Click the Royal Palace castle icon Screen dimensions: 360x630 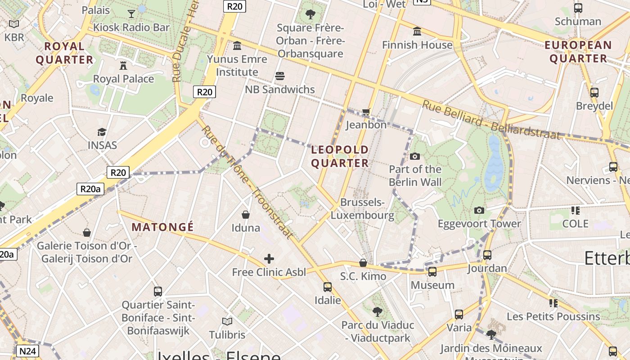click(x=123, y=66)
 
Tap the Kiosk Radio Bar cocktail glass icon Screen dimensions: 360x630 click(x=131, y=13)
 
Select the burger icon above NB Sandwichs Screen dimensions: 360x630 click(x=280, y=76)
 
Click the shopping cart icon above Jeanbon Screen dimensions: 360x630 click(x=366, y=112)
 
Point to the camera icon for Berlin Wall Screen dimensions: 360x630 click(x=415, y=156)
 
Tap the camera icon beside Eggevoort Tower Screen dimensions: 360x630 click(x=479, y=210)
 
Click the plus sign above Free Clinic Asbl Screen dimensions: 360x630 click(x=269, y=259)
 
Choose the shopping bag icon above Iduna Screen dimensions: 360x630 click(x=246, y=215)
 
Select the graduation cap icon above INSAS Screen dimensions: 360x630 click(x=102, y=132)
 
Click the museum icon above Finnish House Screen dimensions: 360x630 click(x=417, y=31)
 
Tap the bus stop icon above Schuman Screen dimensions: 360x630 click(x=578, y=8)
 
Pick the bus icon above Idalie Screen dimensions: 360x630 click(x=328, y=287)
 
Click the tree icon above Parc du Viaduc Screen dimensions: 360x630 click(x=378, y=311)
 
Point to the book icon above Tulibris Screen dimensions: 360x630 click(x=227, y=321)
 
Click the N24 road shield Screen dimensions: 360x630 click(x=28, y=351)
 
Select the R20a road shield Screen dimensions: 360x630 click(x=90, y=189)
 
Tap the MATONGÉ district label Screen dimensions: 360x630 click(x=162, y=227)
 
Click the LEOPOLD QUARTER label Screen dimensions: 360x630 click(x=340, y=156)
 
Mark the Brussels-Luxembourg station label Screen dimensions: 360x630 click(x=362, y=209)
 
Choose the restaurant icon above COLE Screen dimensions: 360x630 click(x=575, y=210)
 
